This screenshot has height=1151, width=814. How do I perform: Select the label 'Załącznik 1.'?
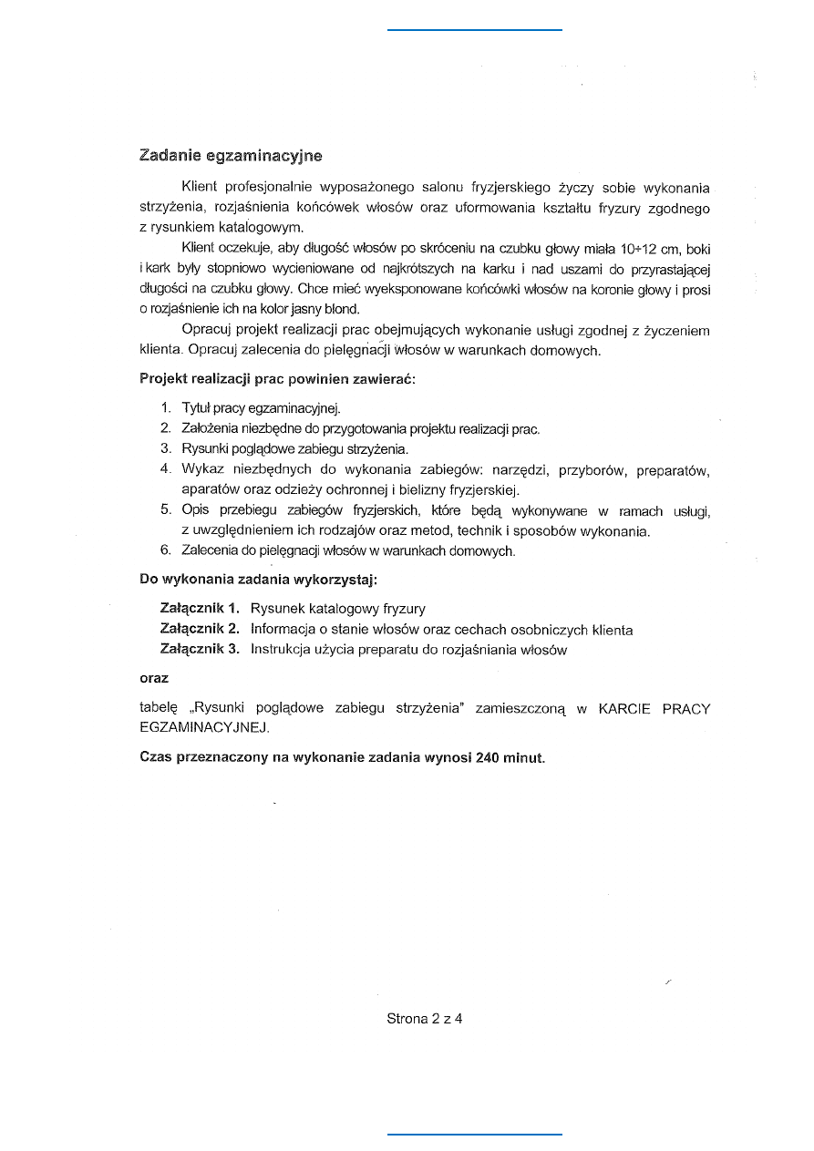200,609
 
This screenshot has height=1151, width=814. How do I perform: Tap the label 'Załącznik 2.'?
200,630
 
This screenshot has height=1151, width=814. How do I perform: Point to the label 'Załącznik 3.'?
200,650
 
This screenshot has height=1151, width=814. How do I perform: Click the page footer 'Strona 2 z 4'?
425,1019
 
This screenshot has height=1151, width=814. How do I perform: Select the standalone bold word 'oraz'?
154,679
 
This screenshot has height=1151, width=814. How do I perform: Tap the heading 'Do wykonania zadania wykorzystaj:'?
258,579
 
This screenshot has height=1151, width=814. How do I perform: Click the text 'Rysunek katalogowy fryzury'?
338,609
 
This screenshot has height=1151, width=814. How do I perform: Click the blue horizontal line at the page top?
475,30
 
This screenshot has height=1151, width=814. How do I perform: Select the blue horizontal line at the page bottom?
475,1135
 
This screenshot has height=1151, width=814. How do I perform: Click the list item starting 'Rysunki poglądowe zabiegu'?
295,449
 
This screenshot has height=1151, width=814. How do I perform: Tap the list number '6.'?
166,550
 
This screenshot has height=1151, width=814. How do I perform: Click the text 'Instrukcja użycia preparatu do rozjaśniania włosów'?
409,650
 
